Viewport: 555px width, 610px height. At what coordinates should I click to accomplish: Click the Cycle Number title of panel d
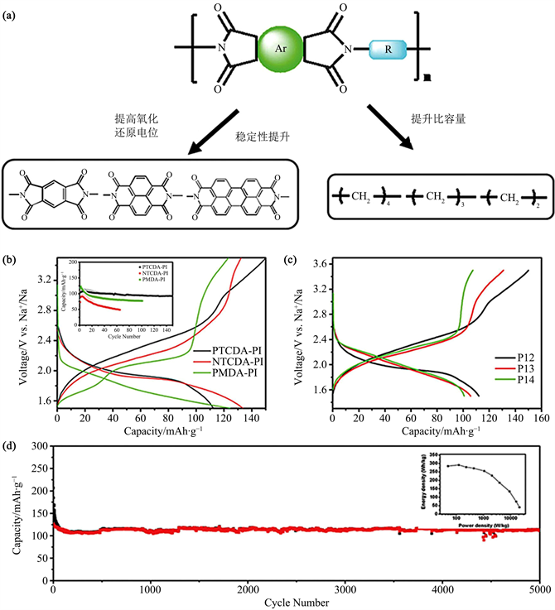(x=296, y=603)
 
